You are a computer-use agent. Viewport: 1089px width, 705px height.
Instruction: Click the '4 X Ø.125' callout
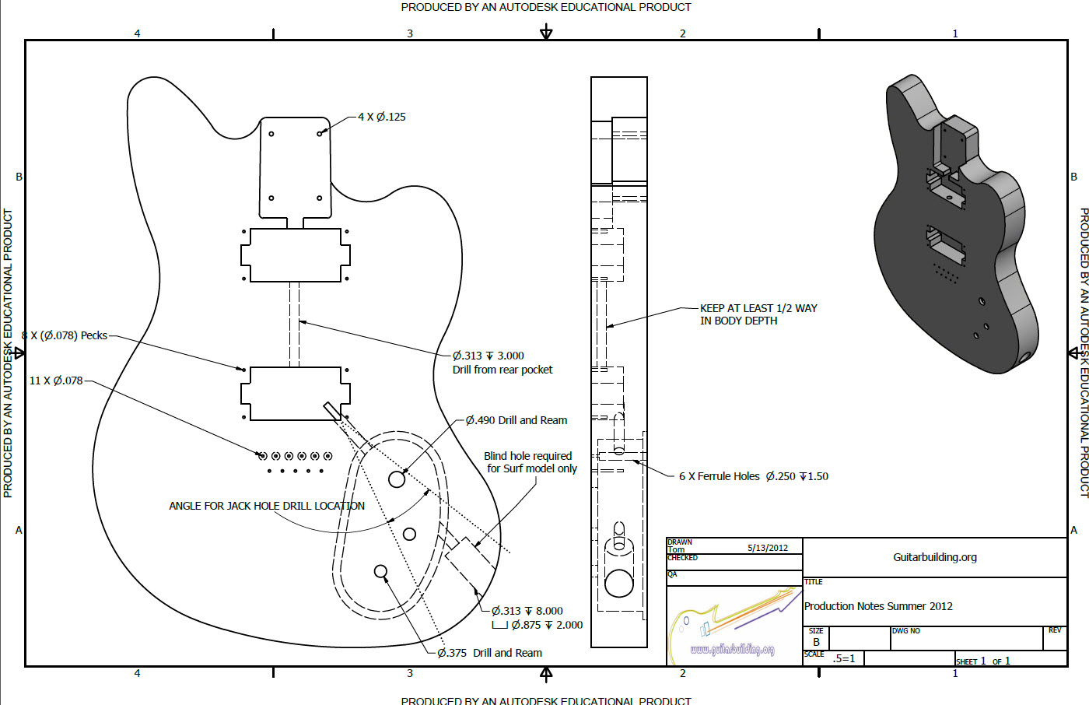click(x=381, y=117)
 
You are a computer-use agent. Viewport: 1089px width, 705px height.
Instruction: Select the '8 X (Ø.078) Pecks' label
click(x=65, y=335)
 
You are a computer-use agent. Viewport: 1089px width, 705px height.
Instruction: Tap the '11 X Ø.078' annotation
click(x=56, y=381)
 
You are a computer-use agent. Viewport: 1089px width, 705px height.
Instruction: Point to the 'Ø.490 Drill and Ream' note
click(x=516, y=420)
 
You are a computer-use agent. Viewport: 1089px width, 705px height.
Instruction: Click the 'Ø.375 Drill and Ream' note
click(x=489, y=653)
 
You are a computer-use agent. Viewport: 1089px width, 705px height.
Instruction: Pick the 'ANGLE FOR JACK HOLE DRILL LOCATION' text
click(x=267, y=506)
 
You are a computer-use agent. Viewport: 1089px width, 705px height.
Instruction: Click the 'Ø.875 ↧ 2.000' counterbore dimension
click(x=546, y=625)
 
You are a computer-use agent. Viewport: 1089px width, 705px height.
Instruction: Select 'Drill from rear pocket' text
click(x=502, y=370)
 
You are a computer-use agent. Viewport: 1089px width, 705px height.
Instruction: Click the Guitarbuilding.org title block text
click(x=934, y=557)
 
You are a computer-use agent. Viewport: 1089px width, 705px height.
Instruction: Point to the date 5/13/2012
click(x=767, y=548)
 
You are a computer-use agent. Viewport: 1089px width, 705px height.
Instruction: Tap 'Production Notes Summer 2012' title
click(x=878, y=606)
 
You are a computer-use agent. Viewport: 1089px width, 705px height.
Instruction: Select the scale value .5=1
click(x=844, y=658)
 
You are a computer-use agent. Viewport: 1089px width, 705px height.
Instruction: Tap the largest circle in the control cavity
click(x=397, y=479)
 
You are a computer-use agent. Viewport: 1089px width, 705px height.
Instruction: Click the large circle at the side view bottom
click(x=619, y=583)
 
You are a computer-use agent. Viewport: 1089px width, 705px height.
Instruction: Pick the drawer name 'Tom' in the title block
click(x=676, y=549)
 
